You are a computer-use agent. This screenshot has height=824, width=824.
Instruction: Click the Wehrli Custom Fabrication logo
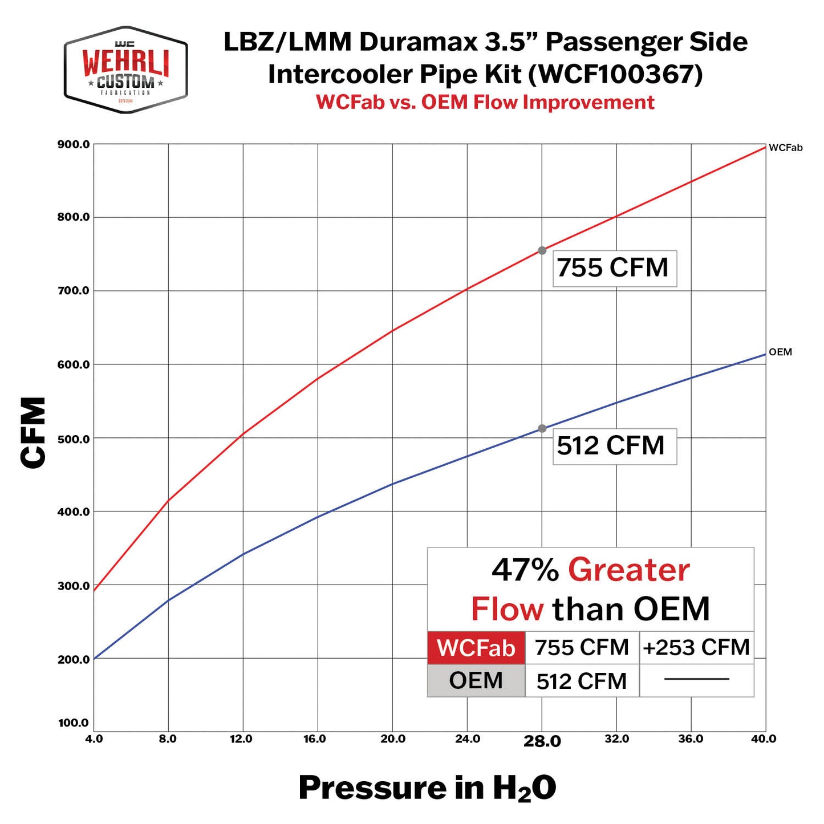point(125,70)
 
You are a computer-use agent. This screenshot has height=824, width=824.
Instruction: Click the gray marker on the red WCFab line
point(542,250)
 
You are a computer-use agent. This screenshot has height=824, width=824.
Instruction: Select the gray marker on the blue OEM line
point(542,428)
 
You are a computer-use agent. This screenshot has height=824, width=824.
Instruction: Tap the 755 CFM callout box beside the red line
point(614,268)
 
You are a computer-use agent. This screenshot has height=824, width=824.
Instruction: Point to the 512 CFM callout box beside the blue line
point(614,446)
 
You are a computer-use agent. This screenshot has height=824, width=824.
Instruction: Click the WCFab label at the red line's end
point(785,148)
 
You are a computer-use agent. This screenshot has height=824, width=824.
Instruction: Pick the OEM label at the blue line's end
point(780,352)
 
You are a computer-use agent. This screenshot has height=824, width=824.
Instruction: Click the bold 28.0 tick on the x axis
point(542,741)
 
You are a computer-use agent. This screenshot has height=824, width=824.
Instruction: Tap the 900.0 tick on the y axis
point(74,144)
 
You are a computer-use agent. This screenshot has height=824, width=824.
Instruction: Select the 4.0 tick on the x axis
point(94,739)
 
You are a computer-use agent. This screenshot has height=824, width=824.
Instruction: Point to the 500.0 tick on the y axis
point(74,439)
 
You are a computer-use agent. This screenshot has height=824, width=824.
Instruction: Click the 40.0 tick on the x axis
point(764,739)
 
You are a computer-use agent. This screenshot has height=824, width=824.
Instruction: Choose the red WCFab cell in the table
point(476,648)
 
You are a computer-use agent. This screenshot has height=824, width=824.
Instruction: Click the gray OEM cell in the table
point(476,680)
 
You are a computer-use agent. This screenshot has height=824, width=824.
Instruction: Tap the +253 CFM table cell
point(696,648)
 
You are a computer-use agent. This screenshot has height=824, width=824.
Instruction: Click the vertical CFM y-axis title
point(33,433)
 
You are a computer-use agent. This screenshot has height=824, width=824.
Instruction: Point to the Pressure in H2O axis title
point(427,788)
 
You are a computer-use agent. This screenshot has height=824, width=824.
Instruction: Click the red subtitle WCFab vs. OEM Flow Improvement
point(485,102)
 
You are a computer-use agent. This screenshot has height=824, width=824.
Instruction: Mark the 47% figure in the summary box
point(525,570)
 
